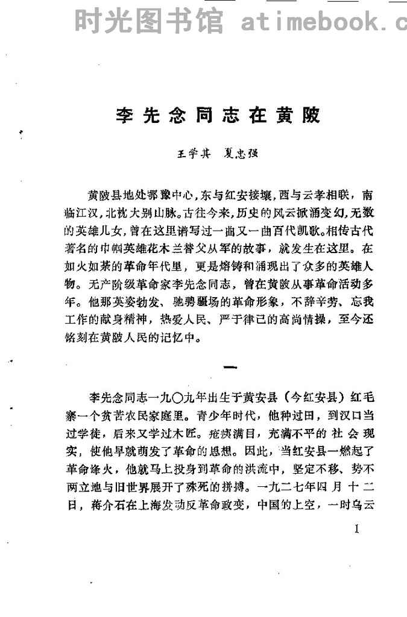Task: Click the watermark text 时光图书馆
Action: (148, 22)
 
